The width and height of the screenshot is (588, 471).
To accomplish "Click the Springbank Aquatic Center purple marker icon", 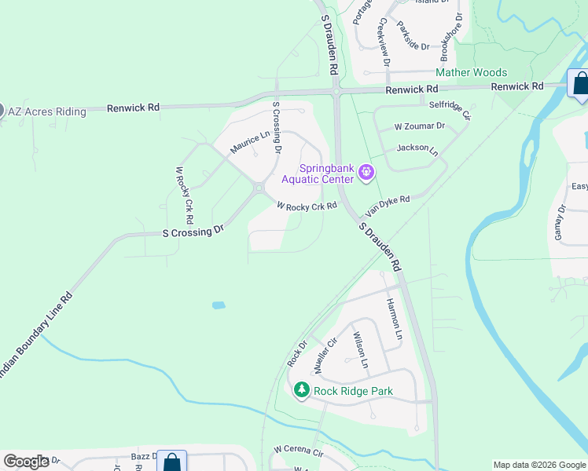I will (366, 172).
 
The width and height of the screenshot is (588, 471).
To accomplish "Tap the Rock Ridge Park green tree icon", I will (301, 389).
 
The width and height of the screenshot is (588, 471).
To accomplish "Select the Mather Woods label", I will (472, 73).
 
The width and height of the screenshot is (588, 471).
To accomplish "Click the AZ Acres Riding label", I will (47, 111).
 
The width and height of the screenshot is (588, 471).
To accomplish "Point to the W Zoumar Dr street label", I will (420, 126).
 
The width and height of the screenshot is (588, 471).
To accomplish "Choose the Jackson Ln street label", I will (417, 148).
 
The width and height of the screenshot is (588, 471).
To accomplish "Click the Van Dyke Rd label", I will (388, 206).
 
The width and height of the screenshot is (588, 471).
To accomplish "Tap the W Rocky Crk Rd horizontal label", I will (307, 206).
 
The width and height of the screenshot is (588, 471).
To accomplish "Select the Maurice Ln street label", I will (249, 141).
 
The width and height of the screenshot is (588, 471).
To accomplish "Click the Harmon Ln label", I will (394, 319).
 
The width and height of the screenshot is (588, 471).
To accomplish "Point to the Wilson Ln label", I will (359, 349).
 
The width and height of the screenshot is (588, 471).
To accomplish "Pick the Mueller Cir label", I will (325, 356).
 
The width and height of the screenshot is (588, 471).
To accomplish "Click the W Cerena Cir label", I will (299, 452).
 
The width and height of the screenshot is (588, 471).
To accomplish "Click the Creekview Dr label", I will (384, 41).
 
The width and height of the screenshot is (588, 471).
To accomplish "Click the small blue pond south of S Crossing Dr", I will (219, 305).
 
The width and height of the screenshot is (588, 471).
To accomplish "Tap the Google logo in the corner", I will (26, 462).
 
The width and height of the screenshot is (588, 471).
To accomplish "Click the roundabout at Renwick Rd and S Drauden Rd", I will (336, 92).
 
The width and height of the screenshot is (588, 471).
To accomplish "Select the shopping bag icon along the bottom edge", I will (171, 462).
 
